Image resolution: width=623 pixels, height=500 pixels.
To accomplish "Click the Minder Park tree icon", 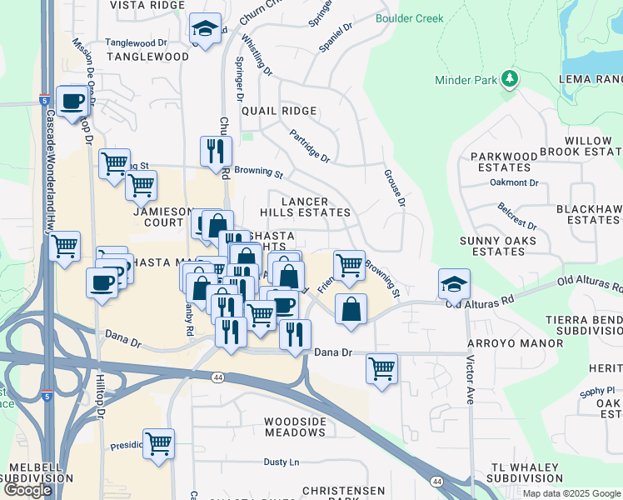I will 510,79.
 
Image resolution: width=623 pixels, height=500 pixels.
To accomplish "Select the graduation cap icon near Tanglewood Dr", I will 205,29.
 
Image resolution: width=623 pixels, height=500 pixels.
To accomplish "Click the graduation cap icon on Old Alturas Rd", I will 454,284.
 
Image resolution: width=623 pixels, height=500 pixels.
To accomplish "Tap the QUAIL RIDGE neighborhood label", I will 279,111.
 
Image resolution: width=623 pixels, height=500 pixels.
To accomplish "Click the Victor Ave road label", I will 471,379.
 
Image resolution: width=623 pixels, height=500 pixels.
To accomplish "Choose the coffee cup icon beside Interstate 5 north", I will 72,101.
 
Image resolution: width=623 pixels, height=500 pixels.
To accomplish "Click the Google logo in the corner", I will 27,489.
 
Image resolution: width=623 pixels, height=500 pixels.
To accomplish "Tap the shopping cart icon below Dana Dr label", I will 381,367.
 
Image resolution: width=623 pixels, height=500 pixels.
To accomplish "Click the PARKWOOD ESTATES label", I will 504,162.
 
